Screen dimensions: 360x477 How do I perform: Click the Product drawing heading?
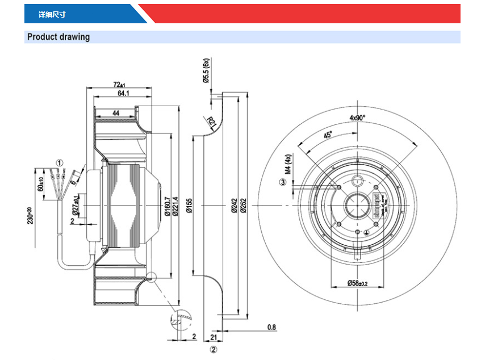tap(58, 37)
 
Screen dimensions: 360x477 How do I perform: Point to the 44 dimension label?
tap(115, 113)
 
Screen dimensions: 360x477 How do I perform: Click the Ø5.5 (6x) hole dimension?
tap(207, 71)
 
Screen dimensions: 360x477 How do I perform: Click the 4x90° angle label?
tap(358, 118)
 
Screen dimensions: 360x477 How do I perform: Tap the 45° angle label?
tap(328, 136)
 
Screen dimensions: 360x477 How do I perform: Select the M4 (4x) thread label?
tap(288, 163)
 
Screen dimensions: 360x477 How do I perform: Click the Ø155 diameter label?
tap(189, 205)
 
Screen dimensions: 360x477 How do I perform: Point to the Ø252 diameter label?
tap(243, 205)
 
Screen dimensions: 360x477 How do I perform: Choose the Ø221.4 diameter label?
tap(175, 205)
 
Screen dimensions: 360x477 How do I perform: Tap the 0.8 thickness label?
tap(271, 328)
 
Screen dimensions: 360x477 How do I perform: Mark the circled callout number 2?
tap(214, 350)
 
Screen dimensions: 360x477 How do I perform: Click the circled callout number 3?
tap(282, 182)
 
